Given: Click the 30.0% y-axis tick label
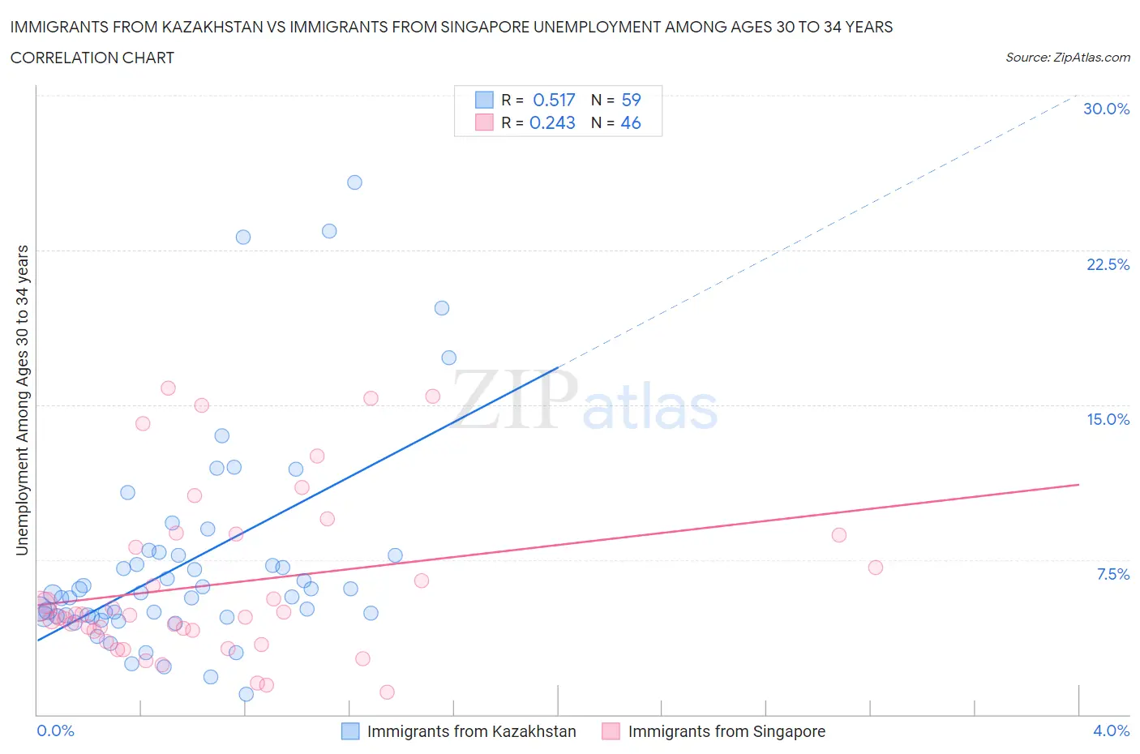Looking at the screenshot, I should coord(1106,109).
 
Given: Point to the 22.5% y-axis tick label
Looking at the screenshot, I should coord(1108,264).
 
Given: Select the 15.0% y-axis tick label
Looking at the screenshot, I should coord(1108,419).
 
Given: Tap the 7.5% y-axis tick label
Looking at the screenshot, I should coord(1112,574).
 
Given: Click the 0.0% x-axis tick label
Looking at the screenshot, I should coord(55,730).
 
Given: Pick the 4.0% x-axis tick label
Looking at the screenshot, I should coord(1111,730).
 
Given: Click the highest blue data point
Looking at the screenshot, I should coord(354,182).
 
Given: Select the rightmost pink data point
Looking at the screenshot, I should coord(875,568).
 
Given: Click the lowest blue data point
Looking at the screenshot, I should coord(246,694).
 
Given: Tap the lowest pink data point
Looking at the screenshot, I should coord(387,692).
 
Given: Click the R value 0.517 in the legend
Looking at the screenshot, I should coord(554,100).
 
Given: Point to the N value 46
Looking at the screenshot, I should coord(631,122).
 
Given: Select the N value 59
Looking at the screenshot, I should coord(631,100).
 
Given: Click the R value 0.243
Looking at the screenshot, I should coord(552,122).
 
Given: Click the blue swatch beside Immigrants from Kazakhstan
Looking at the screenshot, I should coord(349,731).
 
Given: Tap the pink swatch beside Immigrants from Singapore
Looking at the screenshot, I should coord(611,731).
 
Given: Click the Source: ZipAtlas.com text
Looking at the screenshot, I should coord(1067,57).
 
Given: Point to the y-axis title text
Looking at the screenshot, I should coord(22,400).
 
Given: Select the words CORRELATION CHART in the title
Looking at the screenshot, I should coord(92,58).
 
